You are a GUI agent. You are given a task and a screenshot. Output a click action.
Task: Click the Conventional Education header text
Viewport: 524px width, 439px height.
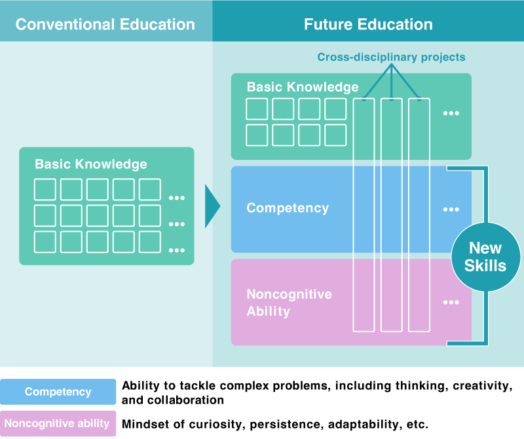click(105, 25)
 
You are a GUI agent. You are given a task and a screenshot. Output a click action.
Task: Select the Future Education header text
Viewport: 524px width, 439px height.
click(368, 25)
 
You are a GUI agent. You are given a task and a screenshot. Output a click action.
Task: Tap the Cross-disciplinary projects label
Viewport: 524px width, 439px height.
click(391, 57)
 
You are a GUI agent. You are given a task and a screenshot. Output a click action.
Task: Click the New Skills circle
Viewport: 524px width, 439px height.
click(485, 257)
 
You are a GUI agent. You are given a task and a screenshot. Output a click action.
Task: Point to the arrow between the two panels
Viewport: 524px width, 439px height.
click(212, 206)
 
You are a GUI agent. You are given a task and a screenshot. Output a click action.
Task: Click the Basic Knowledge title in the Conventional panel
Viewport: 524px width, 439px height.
click(91, 164)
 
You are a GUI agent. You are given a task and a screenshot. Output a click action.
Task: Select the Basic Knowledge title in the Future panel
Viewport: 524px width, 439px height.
click(303, 87)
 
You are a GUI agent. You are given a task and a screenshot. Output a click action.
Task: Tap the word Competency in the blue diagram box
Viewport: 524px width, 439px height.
click(288, 208)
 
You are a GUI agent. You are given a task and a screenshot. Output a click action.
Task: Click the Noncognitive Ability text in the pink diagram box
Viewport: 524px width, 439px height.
click(289, 302)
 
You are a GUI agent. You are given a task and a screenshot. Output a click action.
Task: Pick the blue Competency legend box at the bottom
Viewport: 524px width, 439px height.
click(58, 392)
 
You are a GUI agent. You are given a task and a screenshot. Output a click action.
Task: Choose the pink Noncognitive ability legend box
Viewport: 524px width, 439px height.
click(58, 423)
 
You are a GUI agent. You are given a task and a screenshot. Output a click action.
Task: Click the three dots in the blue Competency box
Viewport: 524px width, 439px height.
click(451, 210)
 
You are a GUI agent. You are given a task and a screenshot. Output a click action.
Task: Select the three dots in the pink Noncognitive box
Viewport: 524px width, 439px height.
click(451, 303)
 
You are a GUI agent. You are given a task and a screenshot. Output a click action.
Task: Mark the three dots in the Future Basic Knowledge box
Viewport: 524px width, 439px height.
click(451, 113)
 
